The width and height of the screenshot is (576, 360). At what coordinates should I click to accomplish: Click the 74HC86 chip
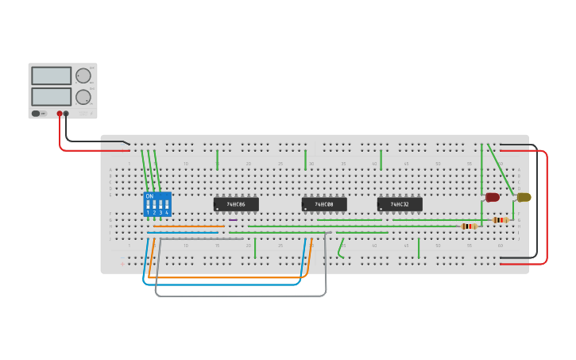tap(236, 204)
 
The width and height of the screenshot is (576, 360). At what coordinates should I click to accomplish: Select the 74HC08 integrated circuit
tap(324, 204)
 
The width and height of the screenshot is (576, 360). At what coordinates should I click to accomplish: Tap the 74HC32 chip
tap(400, 204)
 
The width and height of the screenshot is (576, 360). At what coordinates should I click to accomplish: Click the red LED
tap(493, 197)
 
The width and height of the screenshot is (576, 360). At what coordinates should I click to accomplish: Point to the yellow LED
tap(524, 197)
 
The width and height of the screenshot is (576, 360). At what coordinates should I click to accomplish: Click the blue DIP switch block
tap(157, 204)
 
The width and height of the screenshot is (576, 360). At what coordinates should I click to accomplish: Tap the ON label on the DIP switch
tap(149, 195)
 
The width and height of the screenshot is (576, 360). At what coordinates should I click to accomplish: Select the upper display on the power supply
tap(52, 75)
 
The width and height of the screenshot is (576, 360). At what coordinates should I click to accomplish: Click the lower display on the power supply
tap(52, 96)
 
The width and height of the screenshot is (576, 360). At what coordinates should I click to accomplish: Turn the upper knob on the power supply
tap(83, 75)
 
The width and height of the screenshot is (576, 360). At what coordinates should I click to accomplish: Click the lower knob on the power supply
tap(83, 97)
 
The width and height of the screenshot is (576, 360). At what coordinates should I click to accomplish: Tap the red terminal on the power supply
tap(60, 114)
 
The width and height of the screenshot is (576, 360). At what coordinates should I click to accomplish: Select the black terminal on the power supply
tap(66, 114)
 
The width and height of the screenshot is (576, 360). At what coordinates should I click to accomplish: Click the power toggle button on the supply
tap(37, 114)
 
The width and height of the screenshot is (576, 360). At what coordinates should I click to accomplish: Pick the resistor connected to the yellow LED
tap(501, 220)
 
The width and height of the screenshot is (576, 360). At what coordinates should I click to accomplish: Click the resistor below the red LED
tap(469, 226)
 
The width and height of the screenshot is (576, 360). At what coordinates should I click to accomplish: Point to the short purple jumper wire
tap(233, 220)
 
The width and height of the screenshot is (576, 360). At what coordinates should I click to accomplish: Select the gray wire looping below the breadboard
tap(238, 296)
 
